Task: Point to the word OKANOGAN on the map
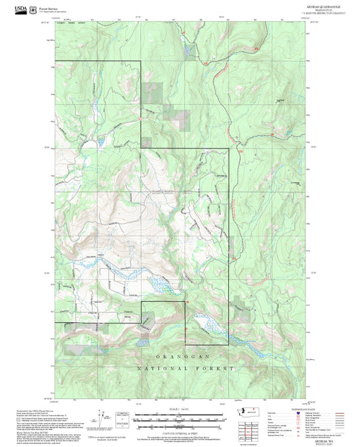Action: [x=185, y=356]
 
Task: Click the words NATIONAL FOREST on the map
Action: [x=185, y=369]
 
